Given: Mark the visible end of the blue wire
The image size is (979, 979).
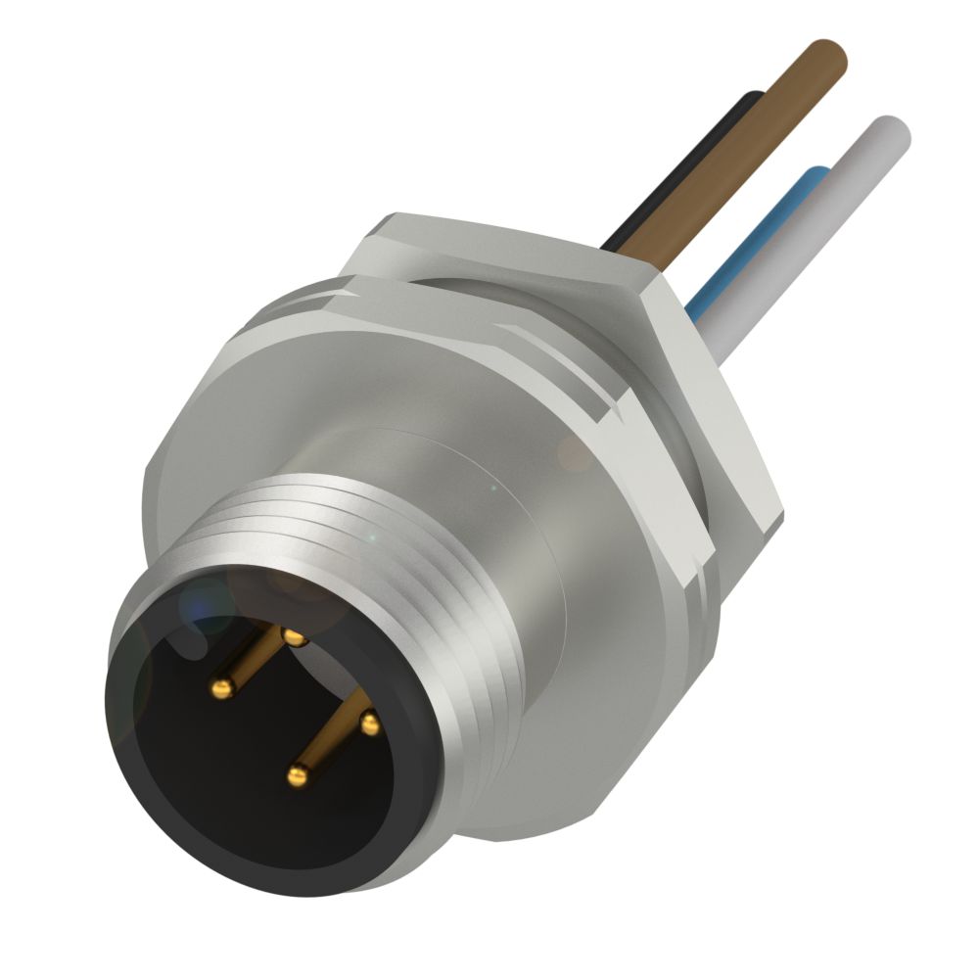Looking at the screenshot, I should pos(813,176).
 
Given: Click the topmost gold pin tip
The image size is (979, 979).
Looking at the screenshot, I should pos(293,637).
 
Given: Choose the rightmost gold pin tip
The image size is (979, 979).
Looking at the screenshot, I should pos(369,724).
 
